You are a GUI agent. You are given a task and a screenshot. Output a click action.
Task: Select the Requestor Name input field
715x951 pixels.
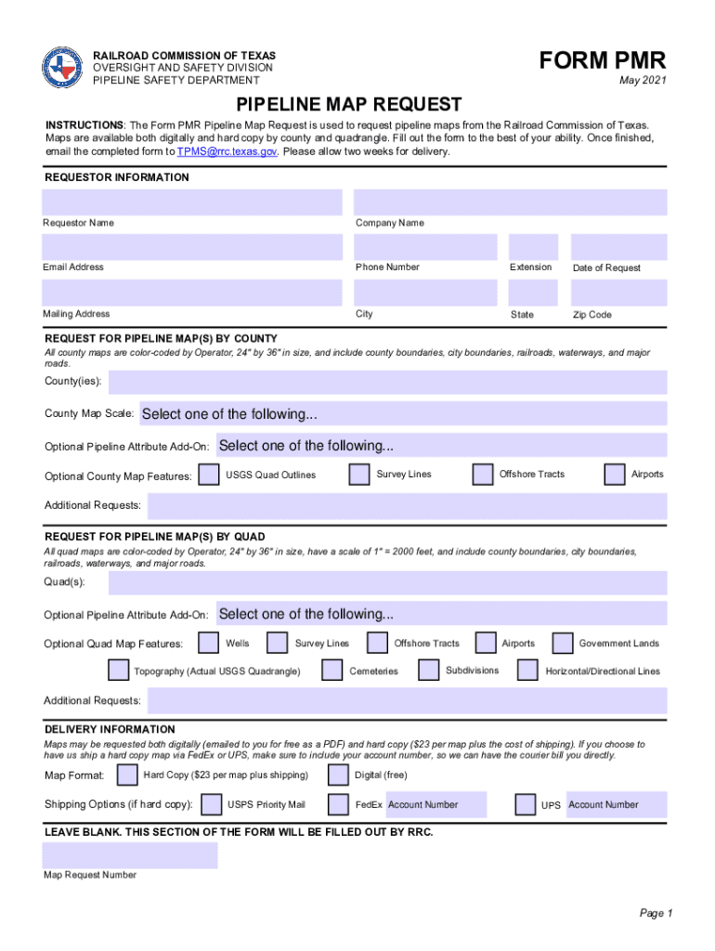(192, 202)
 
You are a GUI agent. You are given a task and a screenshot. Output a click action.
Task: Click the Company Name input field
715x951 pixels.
(511, 202)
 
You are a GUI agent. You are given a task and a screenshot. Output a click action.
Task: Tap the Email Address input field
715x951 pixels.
(192, 247)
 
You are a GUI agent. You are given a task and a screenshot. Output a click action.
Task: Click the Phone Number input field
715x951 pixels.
(426, 247)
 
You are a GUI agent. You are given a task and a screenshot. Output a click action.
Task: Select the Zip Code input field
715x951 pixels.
(617, 293)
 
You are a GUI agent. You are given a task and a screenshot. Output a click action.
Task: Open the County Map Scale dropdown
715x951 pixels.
(402, 414)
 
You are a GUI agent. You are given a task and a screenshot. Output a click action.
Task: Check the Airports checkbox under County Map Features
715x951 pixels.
(615, 475)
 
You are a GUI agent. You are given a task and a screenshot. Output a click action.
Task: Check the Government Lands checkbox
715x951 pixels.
(563, 644)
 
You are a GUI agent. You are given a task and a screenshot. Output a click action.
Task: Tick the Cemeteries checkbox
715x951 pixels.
(332, 671)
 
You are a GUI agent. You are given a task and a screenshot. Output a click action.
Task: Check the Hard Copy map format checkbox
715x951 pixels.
(127, 775)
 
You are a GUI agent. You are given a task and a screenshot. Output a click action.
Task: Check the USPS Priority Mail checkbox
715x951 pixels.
(212, 804)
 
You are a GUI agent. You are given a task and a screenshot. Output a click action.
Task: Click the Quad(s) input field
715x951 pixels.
(387, 582)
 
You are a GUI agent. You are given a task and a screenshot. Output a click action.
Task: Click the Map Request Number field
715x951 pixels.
(129, 855)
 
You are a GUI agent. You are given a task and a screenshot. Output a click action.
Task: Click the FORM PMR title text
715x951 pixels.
(603, 61)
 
